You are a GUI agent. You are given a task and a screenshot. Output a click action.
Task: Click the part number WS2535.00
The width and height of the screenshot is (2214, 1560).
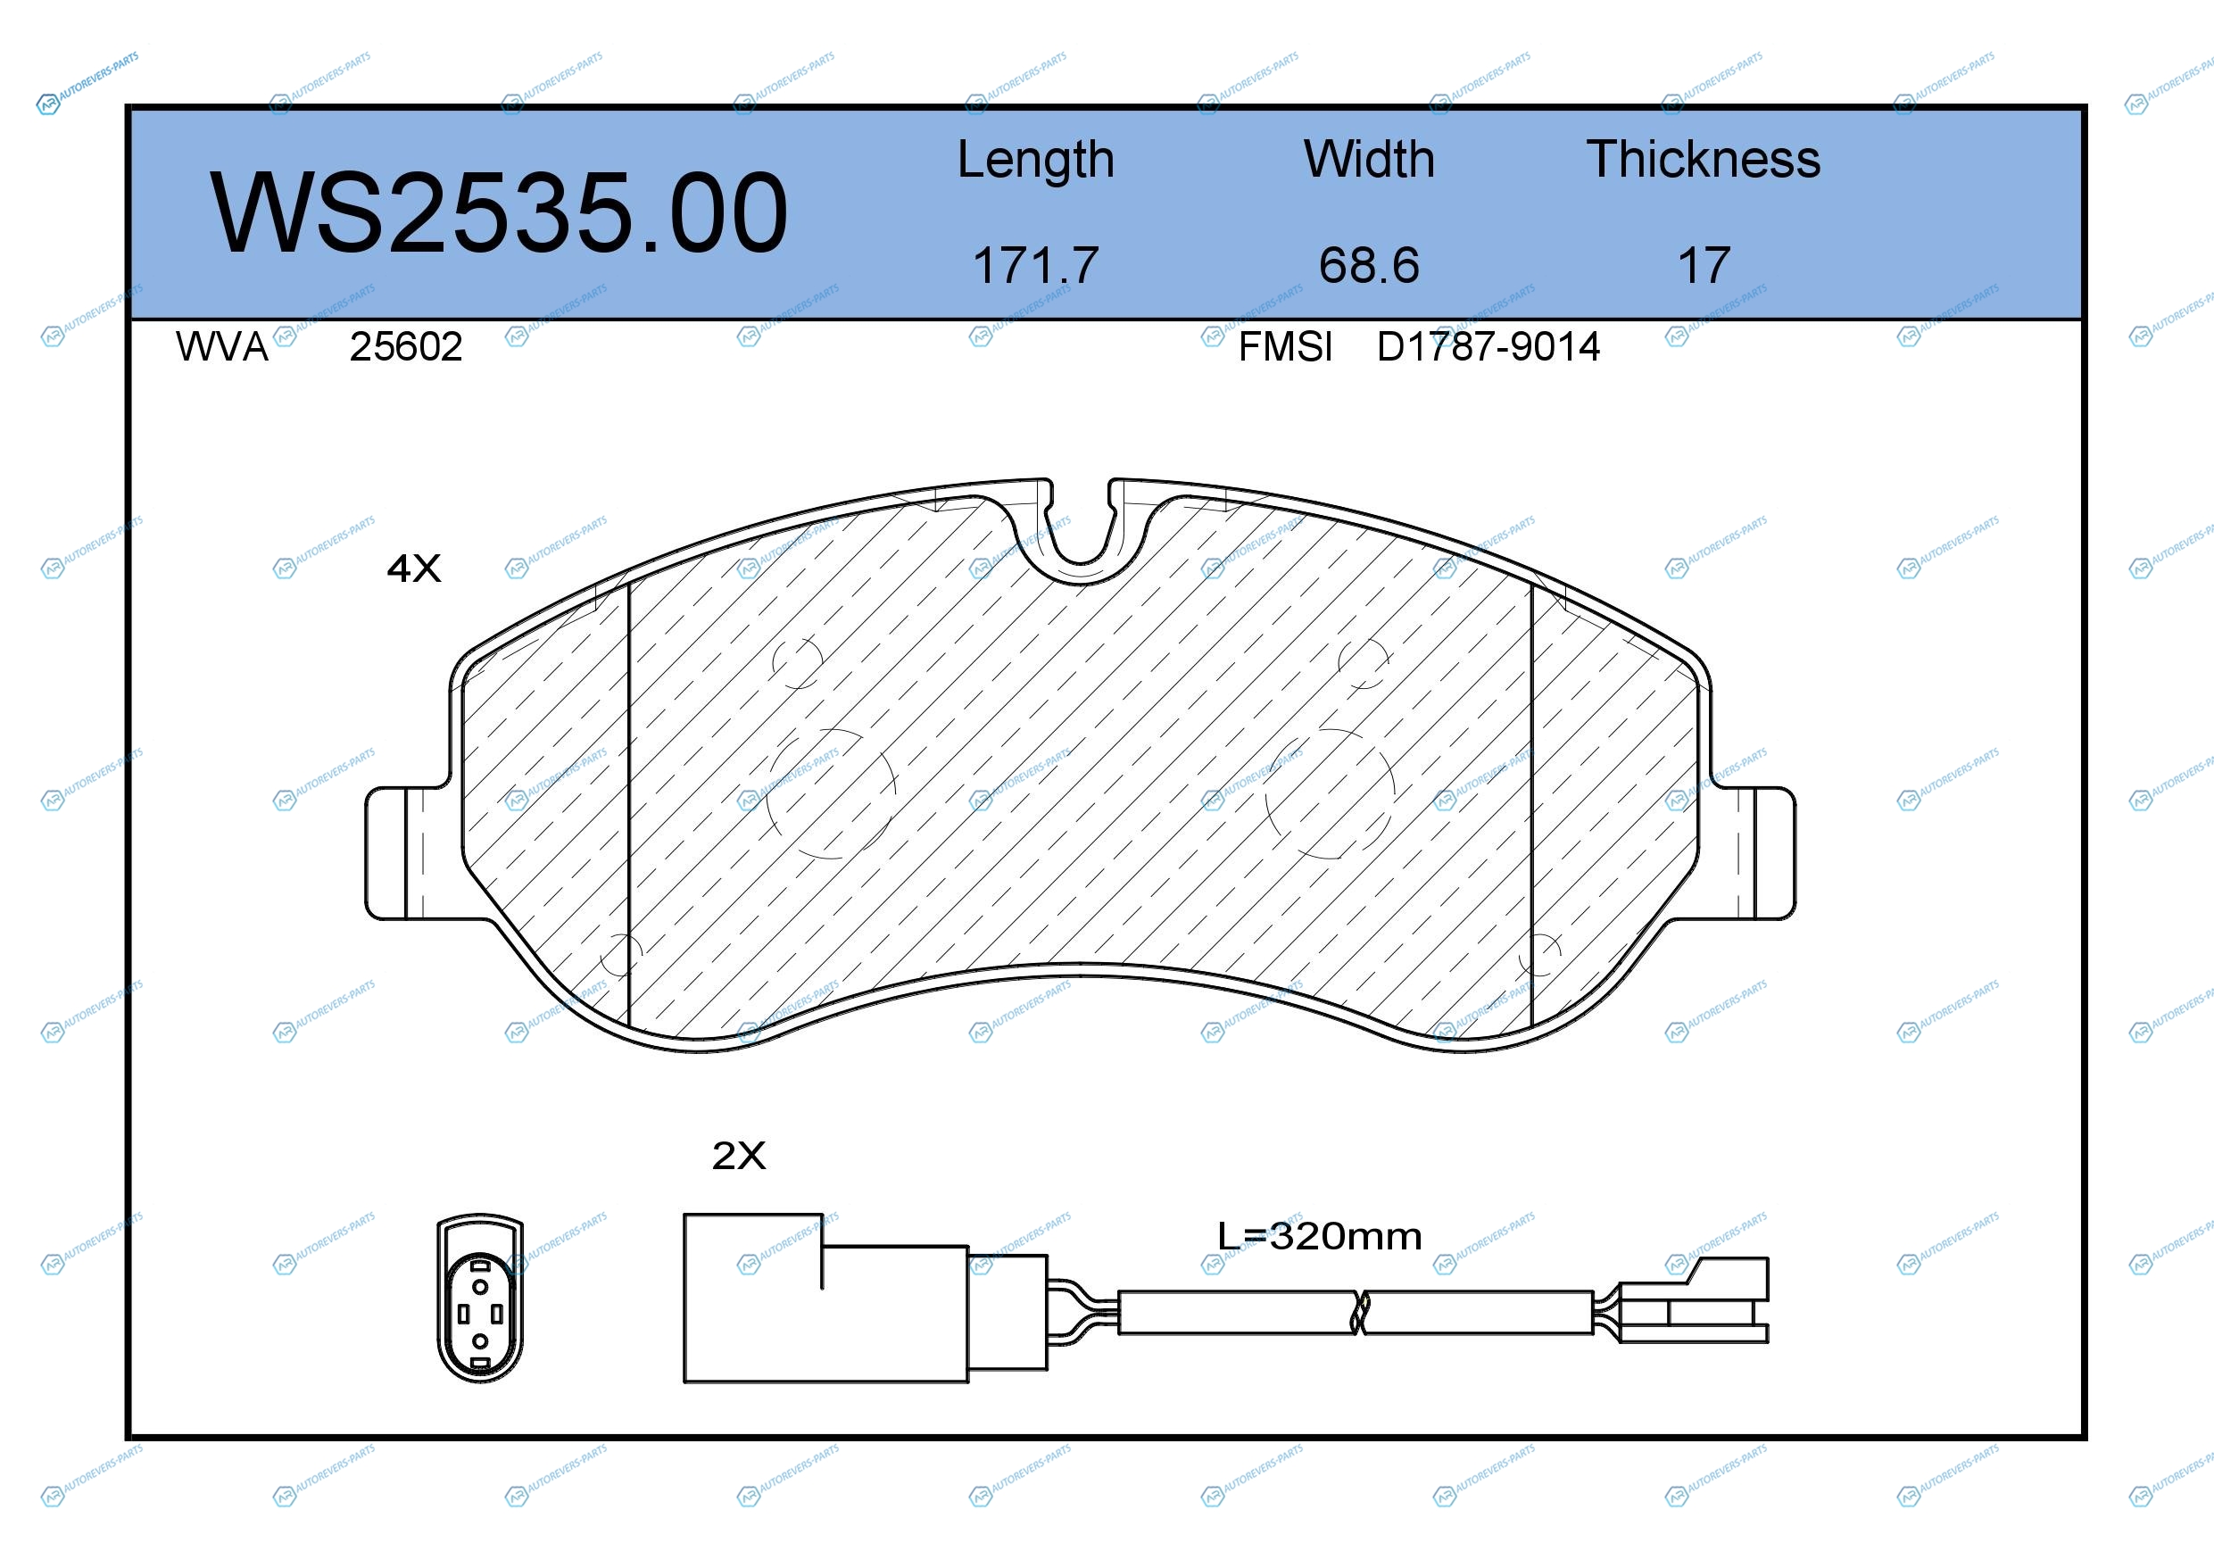(499, 213)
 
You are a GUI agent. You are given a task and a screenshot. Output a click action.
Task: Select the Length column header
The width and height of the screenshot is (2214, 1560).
(1036, 160)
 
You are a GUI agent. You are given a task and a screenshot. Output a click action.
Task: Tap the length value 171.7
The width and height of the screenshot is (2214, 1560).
(1036, 265)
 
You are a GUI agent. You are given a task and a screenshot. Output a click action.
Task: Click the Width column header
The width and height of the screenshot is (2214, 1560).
(1369, 159)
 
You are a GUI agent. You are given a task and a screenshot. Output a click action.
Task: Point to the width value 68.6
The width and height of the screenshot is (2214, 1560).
(1369, 265)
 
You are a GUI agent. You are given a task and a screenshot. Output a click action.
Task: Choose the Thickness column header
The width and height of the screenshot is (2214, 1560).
(1704, 159)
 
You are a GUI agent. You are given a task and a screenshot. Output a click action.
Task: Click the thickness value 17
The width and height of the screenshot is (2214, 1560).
(1704, 265)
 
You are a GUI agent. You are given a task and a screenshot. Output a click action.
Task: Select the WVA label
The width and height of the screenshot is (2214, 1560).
(222, 346)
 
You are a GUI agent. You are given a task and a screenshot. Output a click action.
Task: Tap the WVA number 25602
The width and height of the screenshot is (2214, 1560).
(406, 346)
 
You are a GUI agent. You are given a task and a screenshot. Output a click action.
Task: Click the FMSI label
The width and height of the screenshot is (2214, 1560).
(1285, 346)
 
